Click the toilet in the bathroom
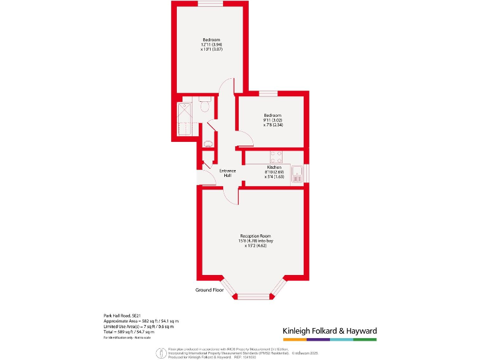pos(204,107)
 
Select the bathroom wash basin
pos(209,143)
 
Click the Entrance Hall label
pos(227,173)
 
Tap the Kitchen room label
pos(274,167)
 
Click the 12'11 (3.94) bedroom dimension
pos(211,45)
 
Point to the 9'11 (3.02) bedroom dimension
pos(272,120)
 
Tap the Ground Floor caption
pos(209,291)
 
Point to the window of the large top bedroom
pos(211,4)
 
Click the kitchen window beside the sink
pos(306,172)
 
